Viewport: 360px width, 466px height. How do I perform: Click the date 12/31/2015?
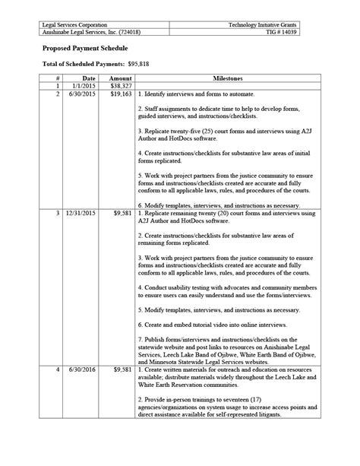(x=81, y=214)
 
